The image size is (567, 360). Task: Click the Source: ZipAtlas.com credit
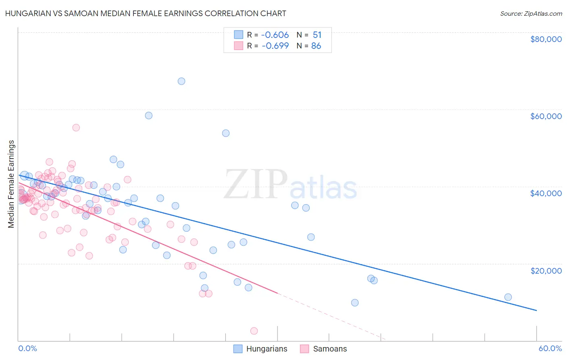pos(531,13)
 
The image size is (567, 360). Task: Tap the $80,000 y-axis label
pos(546,39)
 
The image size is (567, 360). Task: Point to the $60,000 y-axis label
pos(546,116)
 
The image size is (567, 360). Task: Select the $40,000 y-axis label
pos(546,193)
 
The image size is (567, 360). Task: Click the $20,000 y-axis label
pos(546,270)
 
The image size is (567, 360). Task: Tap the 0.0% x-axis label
pos(27,348)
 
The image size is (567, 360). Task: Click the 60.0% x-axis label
pos(550,348)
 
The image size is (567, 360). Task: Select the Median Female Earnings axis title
pos(11,184)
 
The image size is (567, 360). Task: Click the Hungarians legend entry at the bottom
pos(261,349)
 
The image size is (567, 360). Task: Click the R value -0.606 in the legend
pos(275,35)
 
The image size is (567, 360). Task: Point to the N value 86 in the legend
pos(316,46)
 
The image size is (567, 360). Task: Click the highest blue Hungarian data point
pos(181,81)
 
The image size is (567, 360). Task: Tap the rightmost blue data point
pos(508,297)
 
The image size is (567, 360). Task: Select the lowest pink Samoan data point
pos(254,331)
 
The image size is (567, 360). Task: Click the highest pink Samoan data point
pos(76,128)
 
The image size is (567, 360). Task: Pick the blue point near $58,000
pos(149,115)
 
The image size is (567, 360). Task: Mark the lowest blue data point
pos(355,303)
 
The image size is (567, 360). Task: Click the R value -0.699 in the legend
pos(275,46)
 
